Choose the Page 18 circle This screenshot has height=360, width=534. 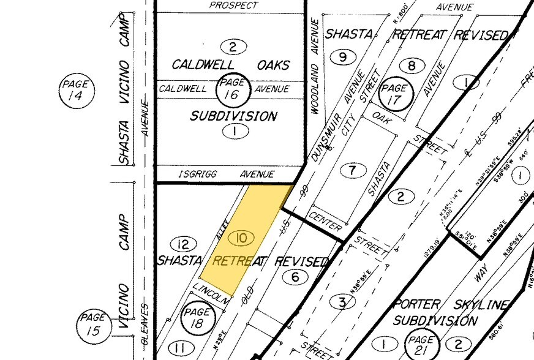(198, 318)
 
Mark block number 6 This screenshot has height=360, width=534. (295, 277)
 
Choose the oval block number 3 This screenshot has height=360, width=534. (342, 302)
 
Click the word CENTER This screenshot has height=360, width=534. (325, 222)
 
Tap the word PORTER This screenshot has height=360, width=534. (416, 304)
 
